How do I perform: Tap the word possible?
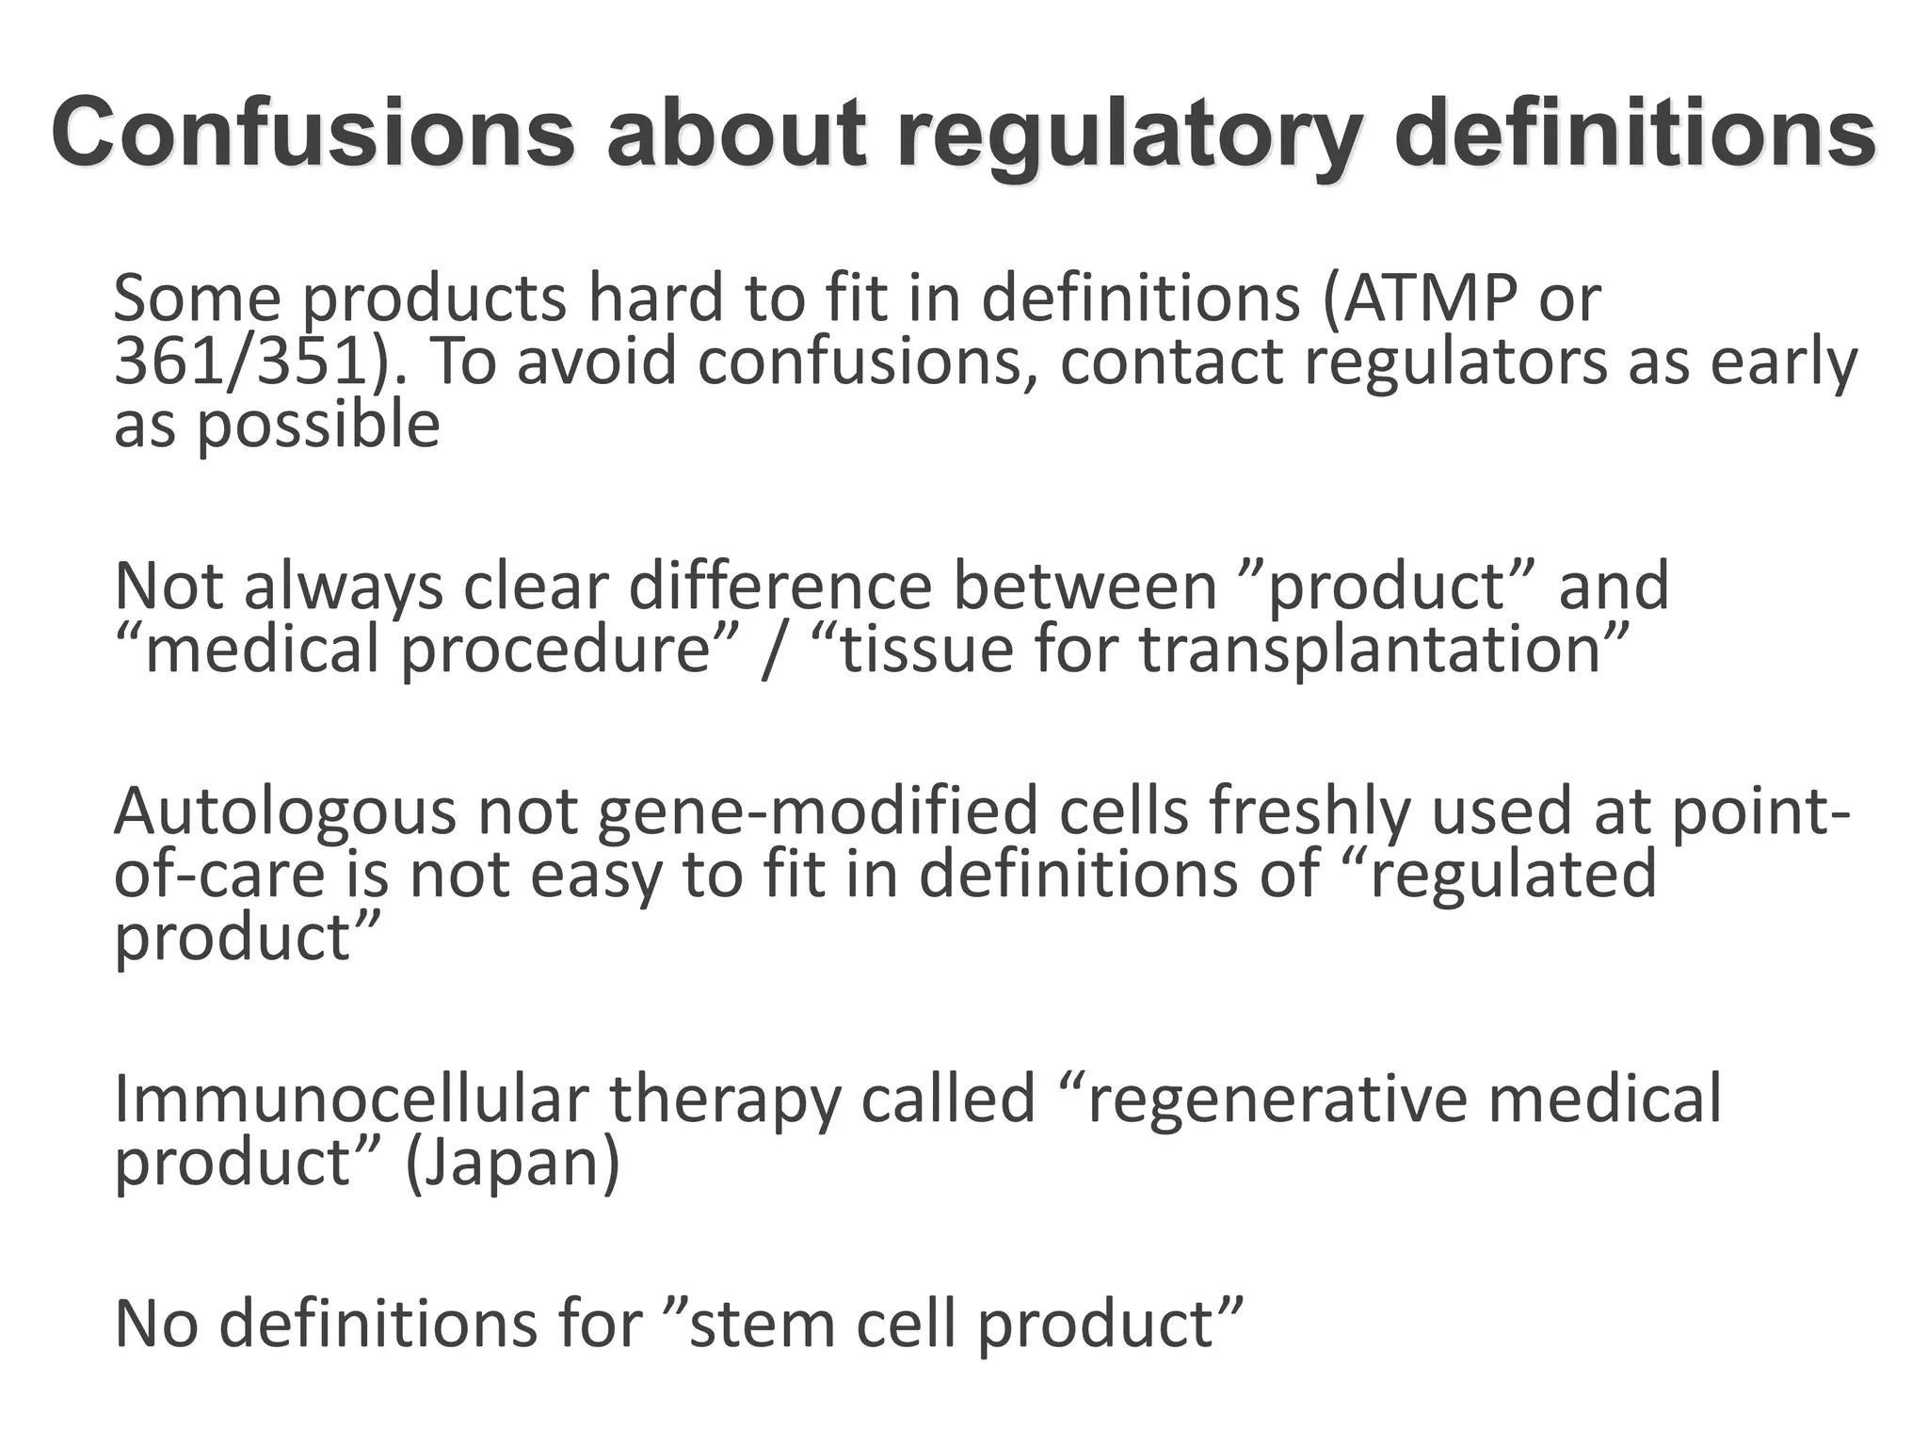(x=318, y=425)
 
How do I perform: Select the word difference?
(x=779, y=586)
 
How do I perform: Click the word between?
(x=1085, y=586)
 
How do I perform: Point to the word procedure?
(x=554, y=650)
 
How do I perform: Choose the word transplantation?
(x=1371, y=650)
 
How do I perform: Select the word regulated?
(x=1512, y=874)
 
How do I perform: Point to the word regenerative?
(x=1277, y=1099)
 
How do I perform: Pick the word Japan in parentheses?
(x=513, y=1162)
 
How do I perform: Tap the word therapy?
(x=724, y=1099)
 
